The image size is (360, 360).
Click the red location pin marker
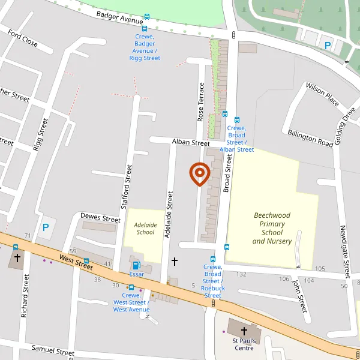click(199, 174)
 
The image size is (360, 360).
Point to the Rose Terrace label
click(202, 102)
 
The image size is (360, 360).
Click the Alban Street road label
click(191, 143)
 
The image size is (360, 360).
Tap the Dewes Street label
click(100, 218)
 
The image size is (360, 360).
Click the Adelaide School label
click(145, 229)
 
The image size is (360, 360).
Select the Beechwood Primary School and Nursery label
click(272, 228)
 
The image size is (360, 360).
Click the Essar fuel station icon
click(137, 265)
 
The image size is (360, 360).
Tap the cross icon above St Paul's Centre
click(244, 331)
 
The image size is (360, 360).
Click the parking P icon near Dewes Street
click(45, 227)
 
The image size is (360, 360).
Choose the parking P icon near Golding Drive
click(328, 45)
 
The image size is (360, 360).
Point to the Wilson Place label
click(322, 94)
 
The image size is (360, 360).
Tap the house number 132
click(241, 274)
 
